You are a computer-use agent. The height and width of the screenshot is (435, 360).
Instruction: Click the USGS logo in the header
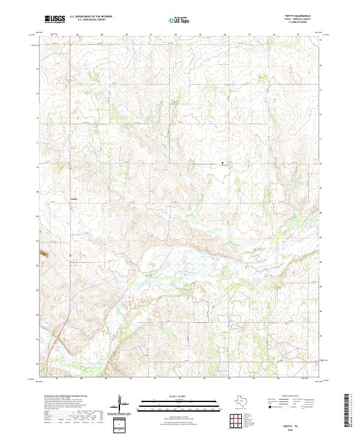pyautogui.click(x=55, y=19)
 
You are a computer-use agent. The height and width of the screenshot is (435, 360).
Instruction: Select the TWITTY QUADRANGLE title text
pyautogui.click(x=293, y=16)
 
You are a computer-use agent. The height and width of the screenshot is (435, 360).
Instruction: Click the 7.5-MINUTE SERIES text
pyautogui.click(x=293, y=23)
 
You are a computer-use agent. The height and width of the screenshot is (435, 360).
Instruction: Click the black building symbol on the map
pyautogui.click(x=223, y=163)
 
